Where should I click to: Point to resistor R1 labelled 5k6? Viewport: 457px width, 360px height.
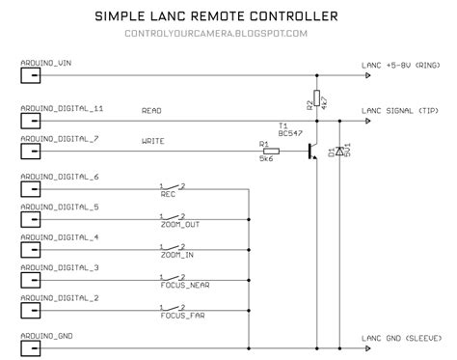tap(271, 152)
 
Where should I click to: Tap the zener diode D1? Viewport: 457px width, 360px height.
tap(339, 152)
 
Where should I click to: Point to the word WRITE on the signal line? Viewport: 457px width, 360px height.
tap(152, 142)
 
